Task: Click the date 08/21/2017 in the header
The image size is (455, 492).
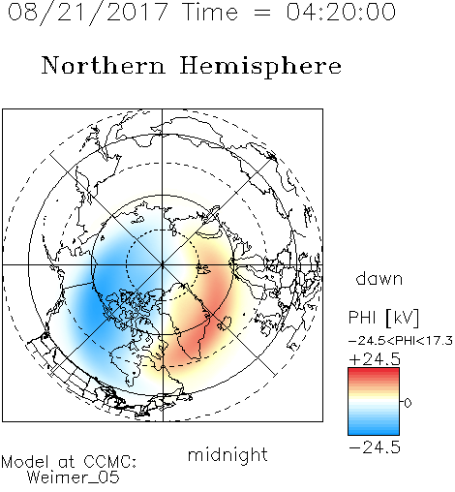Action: click(88, 12)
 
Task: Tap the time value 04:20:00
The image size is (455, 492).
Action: click(341, 12)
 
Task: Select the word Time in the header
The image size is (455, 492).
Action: click(210, 12)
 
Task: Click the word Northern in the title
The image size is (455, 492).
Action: click(104, 65)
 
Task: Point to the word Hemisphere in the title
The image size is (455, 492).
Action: click(260, 66)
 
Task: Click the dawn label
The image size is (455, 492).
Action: click(379, 278)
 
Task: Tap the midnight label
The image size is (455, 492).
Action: click(227, 454)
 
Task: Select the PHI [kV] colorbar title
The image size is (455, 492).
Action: click(383, 318)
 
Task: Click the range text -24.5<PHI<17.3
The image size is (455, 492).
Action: click(401, 341)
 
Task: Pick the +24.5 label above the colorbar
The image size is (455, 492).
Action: click(375, 359)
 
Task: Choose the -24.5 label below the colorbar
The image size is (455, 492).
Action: click(375, 447)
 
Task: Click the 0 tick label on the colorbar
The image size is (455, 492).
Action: click(408, 403)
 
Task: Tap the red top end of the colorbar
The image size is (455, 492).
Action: click(374, 370)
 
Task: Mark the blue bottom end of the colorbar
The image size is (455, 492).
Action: click(374, 432)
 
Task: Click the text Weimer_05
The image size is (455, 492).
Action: click(74, 477)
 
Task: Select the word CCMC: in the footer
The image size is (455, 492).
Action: click(110, 462)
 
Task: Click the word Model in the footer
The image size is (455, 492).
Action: click(25, 462)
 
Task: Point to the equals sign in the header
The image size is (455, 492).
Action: click(262, 13)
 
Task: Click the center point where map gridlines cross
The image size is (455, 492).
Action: click(163, 264)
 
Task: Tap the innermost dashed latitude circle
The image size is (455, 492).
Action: click(163, 230)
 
